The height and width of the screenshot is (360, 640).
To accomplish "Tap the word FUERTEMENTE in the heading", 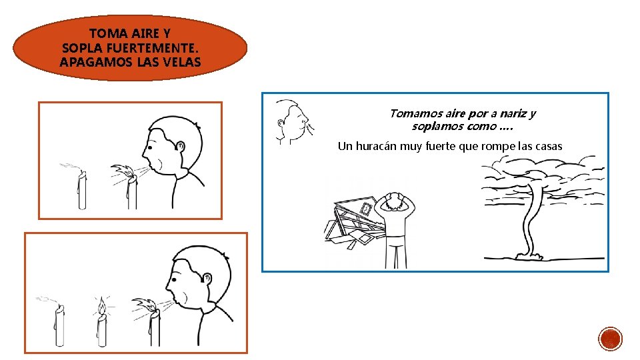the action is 152,48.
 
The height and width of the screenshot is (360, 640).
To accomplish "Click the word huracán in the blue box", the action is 376,146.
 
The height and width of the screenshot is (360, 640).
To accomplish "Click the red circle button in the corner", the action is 610,339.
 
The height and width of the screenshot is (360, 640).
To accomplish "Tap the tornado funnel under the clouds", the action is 529,221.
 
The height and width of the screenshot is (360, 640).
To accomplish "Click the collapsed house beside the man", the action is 356,221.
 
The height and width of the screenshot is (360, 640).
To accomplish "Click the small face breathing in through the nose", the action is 293,121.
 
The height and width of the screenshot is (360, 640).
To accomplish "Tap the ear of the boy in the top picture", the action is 180,146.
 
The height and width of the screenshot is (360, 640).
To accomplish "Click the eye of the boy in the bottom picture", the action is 174,280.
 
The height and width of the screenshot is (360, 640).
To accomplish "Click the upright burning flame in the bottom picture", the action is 101,305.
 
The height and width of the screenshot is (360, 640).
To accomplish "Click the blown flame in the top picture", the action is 123,171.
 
